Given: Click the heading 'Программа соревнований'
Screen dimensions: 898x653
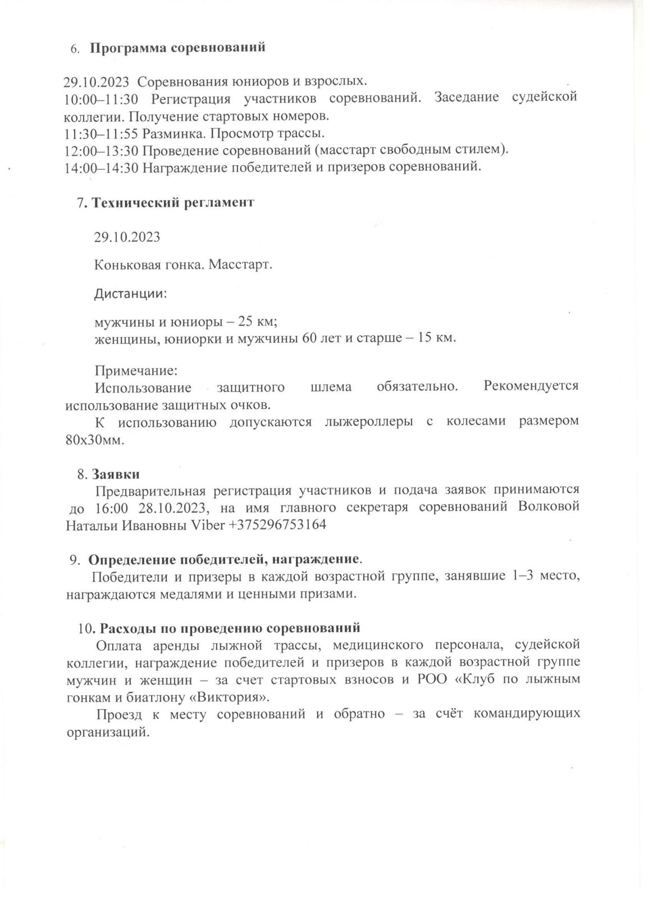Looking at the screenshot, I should point(177,48).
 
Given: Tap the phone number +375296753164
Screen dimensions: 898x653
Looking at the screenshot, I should point(279,525).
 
